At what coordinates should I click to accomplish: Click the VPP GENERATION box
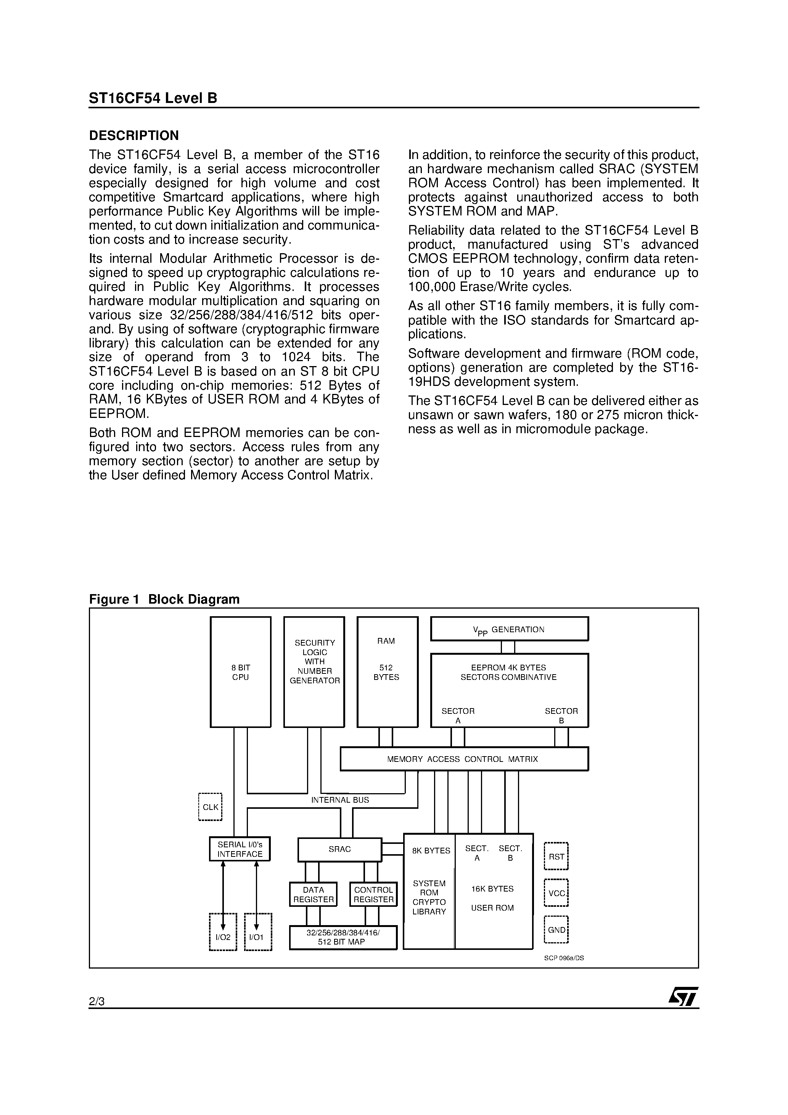509,629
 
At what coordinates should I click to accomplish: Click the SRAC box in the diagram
339,849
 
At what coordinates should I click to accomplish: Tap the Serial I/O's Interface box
240,849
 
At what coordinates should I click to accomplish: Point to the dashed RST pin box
556,856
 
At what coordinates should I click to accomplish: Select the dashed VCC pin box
556,893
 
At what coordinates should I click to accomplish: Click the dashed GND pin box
556,930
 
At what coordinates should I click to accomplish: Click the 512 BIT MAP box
343,937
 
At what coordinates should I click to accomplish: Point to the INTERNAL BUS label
340,800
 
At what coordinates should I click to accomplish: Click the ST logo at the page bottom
683,996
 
